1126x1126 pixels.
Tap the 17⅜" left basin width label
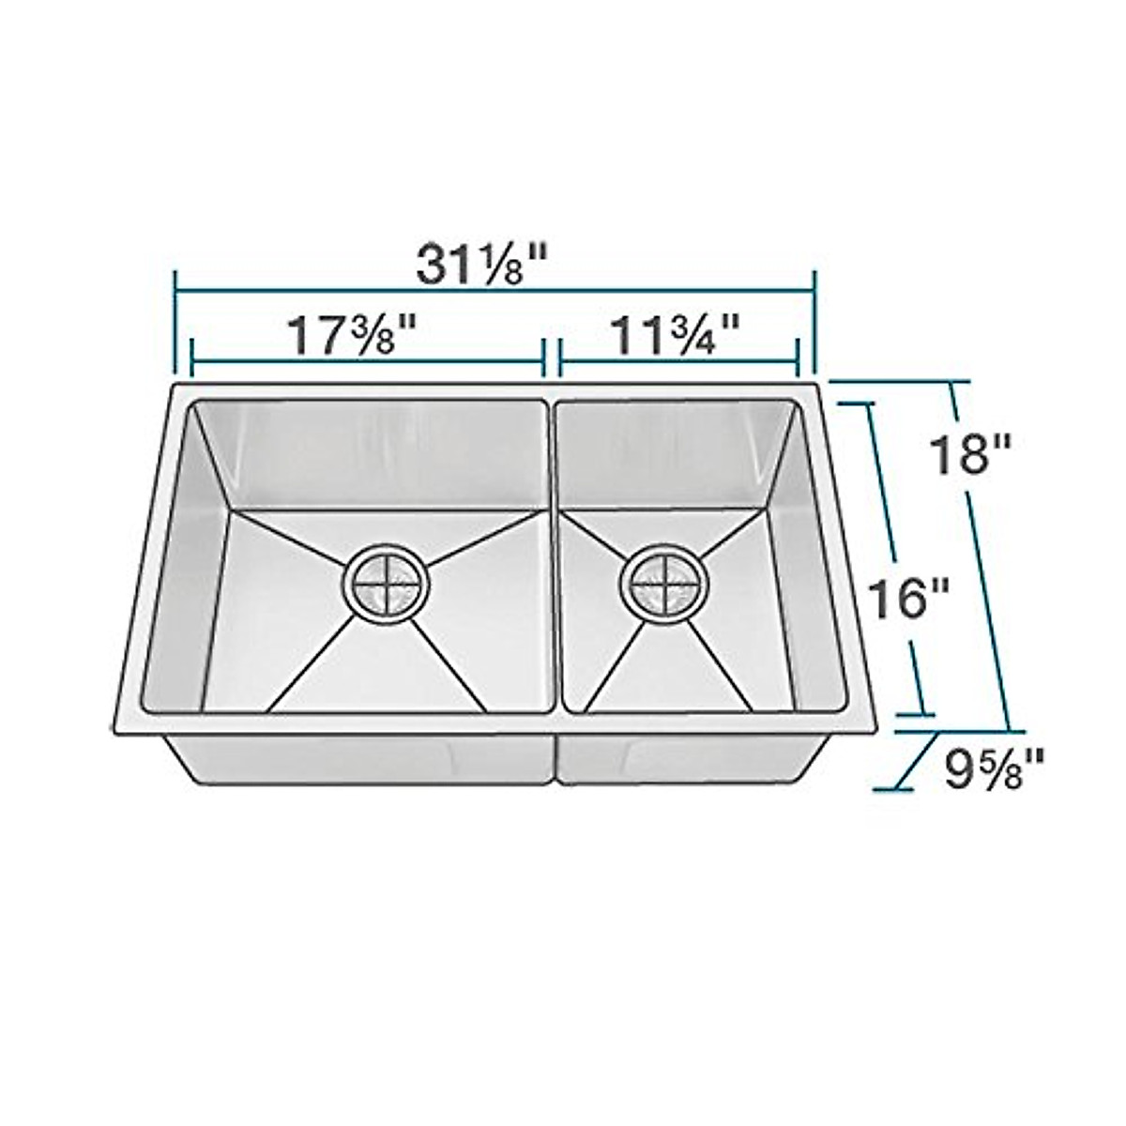352,335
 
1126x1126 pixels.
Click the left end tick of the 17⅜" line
191,358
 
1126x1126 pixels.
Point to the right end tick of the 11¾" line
798,358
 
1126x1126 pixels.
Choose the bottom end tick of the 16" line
916,714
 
